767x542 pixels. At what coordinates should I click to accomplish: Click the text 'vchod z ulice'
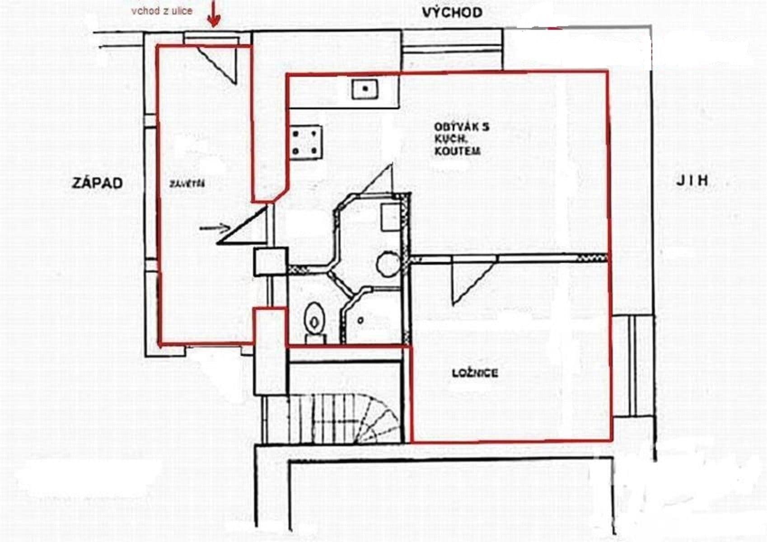click(162, 10)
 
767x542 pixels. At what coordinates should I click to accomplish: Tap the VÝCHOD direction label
click(452, 13)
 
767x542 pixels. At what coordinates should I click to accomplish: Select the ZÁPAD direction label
click(97, 183)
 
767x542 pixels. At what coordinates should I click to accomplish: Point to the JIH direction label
click(692, 181)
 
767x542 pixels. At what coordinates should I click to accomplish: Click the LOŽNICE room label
click(475, 373)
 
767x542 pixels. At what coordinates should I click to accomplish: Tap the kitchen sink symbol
click(365, 89)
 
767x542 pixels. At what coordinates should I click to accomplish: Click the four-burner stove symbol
click(306, 142)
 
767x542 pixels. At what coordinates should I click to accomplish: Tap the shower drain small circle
click(360, 320)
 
